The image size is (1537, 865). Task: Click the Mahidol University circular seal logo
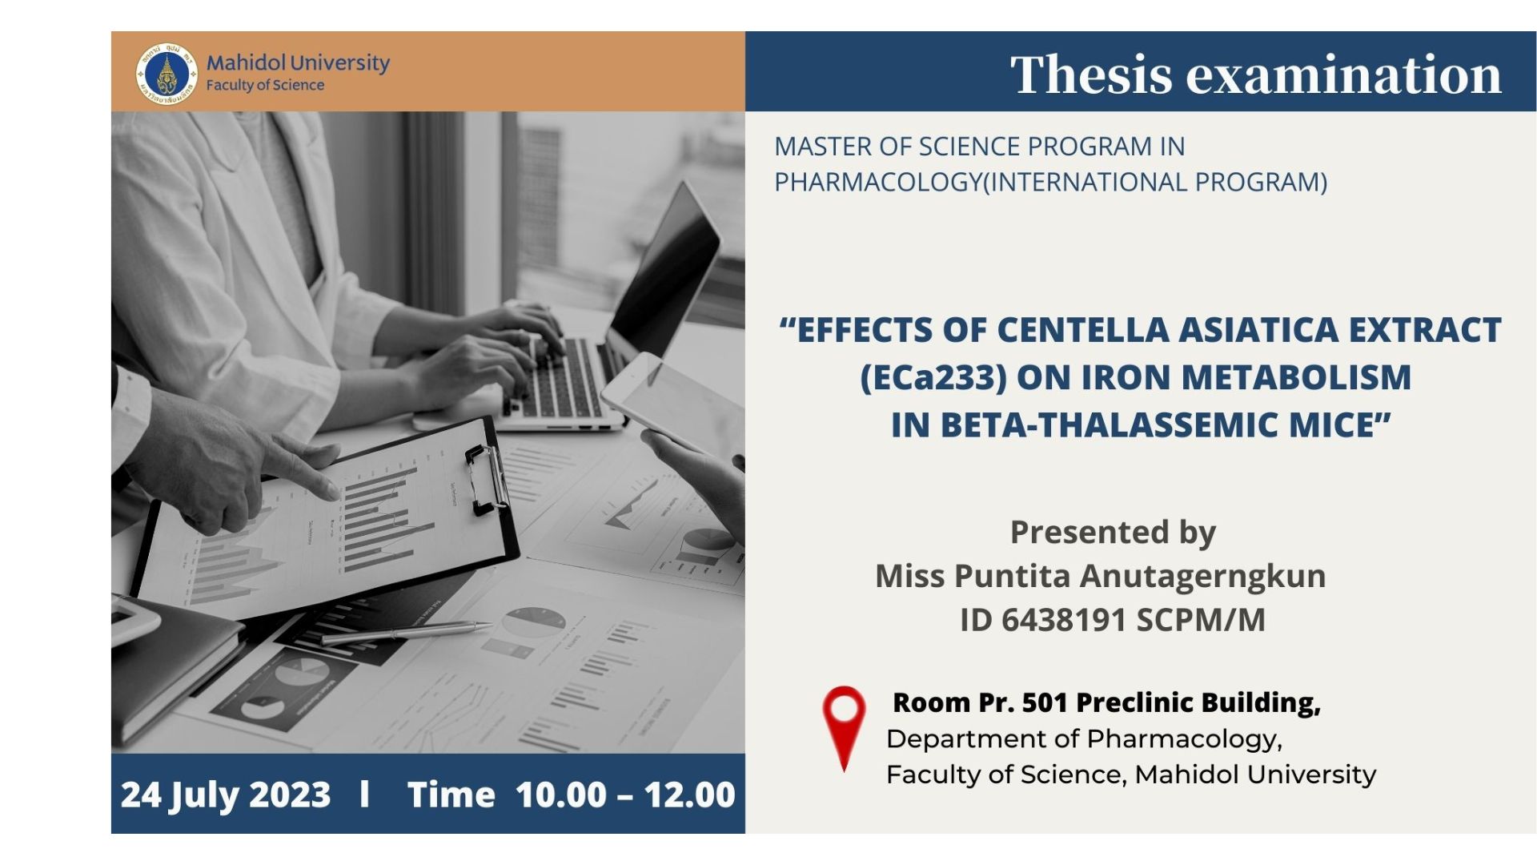(167, 74)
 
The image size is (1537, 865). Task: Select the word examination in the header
(1343, 74)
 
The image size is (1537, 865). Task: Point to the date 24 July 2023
(226, 795)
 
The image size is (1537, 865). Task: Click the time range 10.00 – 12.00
(625, 795)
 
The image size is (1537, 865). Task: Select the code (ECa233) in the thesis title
(933, 377)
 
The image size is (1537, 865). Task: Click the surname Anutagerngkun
(1203, 577)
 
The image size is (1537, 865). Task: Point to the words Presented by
(1113, 533)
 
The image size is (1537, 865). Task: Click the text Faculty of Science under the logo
(265, 86)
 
